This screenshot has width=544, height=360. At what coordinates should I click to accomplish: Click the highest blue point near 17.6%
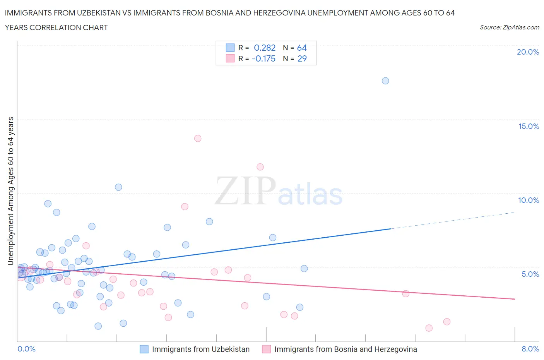click(x=385, y=81)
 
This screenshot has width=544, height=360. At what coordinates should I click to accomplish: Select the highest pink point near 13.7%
click(x=198, y=138)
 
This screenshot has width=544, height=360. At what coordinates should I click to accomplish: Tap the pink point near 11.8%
click(x=260, y=167)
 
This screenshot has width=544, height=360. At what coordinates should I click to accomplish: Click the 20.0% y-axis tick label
click(x=528, y=52)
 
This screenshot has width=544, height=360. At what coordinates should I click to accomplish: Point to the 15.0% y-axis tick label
click(x=529, y=126)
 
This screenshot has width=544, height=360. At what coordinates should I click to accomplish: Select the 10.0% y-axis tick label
click(x=529, y=200)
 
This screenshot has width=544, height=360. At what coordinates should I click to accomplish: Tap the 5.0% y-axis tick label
click(x=530, y=274)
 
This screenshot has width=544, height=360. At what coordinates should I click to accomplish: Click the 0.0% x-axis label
click(x=26, y=349)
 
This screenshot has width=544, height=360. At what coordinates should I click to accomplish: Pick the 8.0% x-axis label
click(x=530, y=349)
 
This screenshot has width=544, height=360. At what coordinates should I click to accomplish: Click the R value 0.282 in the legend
click(x=265, y=48)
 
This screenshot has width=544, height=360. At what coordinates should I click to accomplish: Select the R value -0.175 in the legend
click(x=263, y=58)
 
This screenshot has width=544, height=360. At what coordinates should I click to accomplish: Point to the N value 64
click(x=302, y=48)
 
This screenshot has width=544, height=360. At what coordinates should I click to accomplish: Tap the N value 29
click(x=302, y=58)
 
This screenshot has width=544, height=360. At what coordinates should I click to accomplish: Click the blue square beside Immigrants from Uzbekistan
click(x=144, y=349)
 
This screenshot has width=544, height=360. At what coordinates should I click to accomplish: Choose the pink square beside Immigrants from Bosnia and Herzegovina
click(x=266, y=349)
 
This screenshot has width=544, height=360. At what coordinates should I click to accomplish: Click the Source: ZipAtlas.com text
click(x=509, y=27)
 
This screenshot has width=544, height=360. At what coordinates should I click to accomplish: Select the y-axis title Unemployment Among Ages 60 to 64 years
click(x=11, y=191)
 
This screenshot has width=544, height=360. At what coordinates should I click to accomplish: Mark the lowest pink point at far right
click(x=429, y=328)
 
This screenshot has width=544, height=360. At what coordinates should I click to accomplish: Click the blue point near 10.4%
click(x=118, y=187)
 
